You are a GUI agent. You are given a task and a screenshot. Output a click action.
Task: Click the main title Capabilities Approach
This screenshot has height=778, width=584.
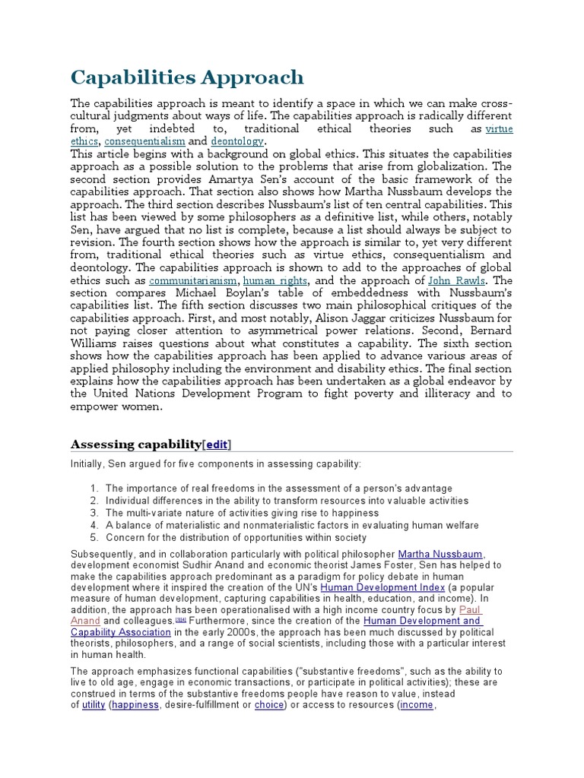click(x=187, y=77)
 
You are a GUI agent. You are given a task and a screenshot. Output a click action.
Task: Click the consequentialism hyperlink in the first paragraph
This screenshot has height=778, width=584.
click(x=144, y=141)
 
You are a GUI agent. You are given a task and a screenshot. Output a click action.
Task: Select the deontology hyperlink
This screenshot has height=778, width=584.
click(x=237, y=141)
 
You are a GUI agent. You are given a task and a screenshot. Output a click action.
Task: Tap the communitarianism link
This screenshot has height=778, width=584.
click(x=193, y=280)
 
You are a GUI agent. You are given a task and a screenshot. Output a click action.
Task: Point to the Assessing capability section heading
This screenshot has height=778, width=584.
click(x=136, y=444)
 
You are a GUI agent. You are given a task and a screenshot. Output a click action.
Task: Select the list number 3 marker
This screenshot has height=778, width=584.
click(x=94, y=513)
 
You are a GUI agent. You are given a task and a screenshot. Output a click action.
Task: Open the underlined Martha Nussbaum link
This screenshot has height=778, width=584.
click(x=441, y=554)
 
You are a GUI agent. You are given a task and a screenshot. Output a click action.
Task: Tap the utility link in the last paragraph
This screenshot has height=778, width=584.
click(x=94, y=705)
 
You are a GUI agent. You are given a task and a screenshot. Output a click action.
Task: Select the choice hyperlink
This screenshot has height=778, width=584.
click(x=269, y=705)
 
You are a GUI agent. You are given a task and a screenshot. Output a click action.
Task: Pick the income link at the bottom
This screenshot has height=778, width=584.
click(x=416, y=705)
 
